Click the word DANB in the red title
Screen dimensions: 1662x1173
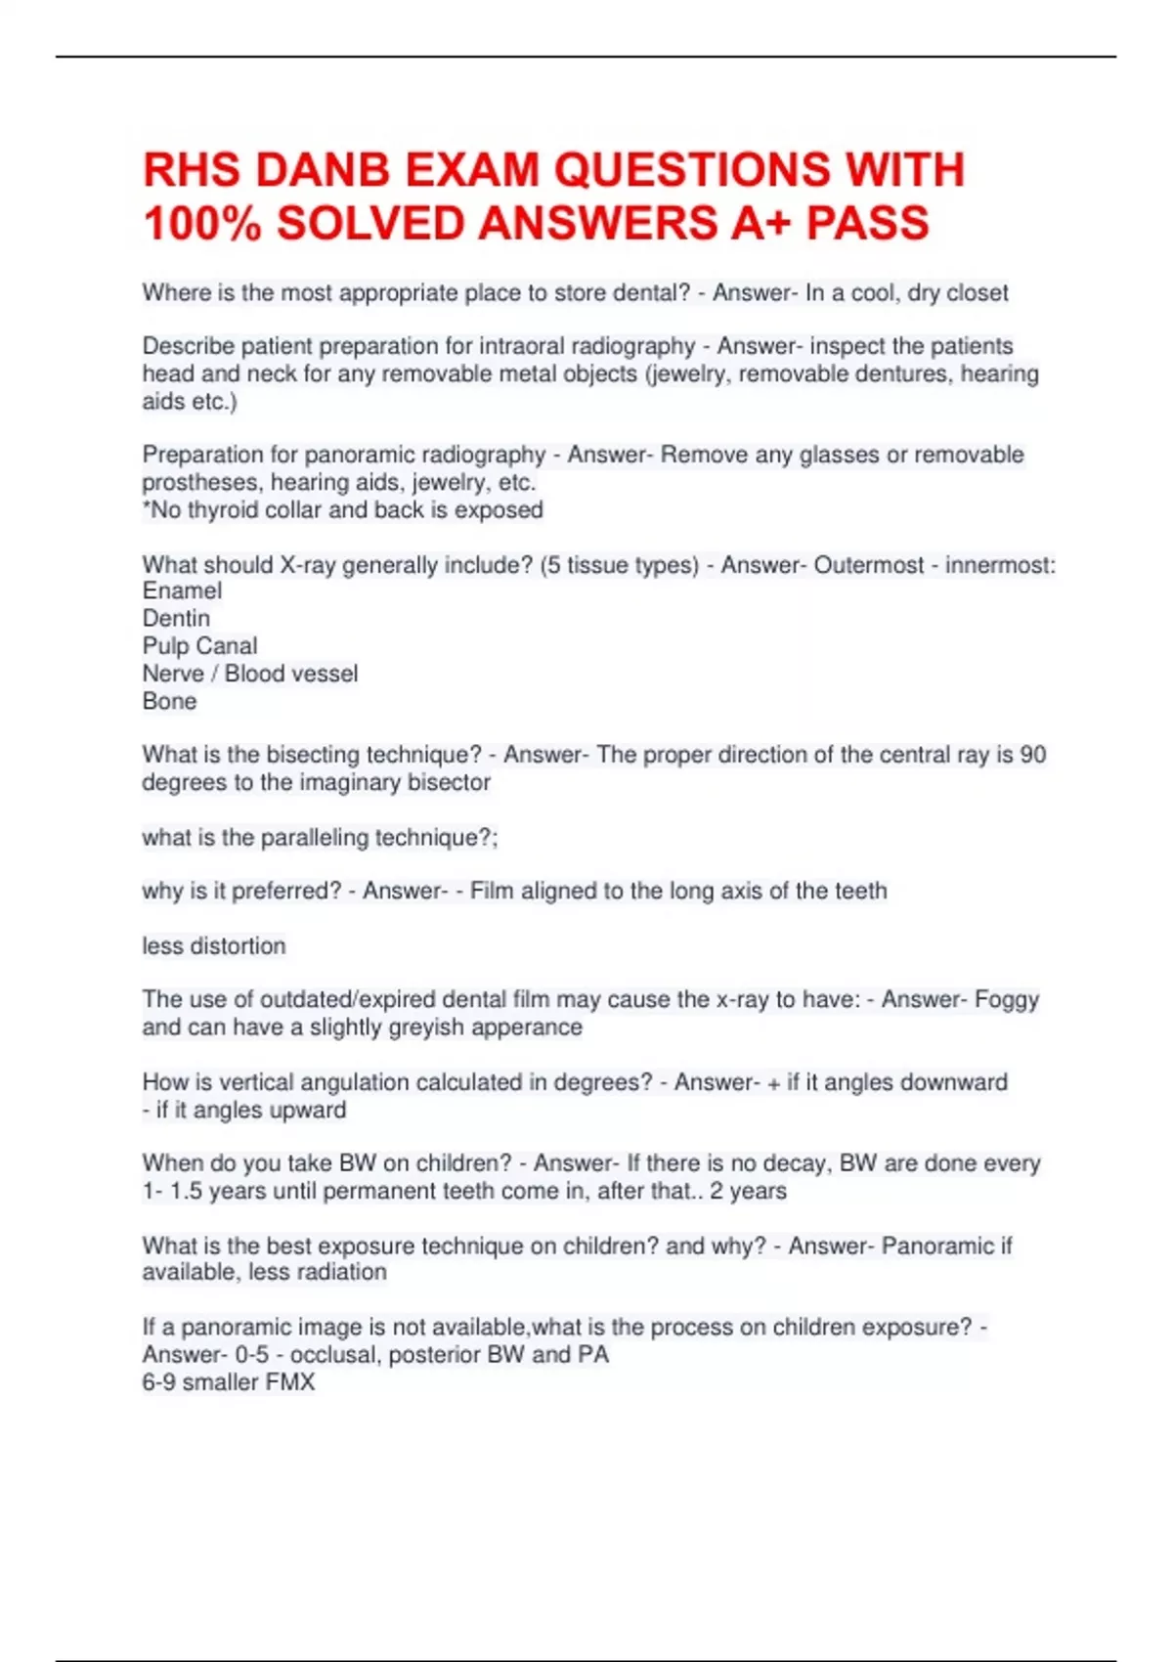click(323, 170)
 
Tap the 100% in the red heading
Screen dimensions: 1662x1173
click(202, 224)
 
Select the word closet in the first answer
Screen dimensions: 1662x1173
click(975, 293)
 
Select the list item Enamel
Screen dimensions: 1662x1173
click(182, 591)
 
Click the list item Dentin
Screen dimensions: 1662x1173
click(176, 619)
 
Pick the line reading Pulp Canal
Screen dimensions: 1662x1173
click(199, 646)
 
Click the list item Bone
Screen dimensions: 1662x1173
click(169, 702)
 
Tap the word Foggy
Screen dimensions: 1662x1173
click(1007, 1000)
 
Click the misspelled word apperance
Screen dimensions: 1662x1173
click(534, 1028)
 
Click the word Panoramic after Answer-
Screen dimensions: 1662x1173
click(937, 1246)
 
